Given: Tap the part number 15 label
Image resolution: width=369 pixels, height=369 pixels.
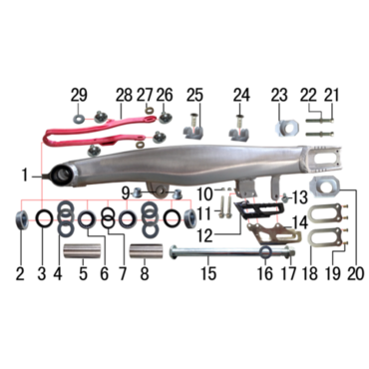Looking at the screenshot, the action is point(208,273).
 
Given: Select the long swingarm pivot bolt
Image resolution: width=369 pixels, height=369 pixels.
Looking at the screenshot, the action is point(232,253).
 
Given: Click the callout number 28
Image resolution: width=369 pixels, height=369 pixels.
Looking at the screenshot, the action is point(124,96).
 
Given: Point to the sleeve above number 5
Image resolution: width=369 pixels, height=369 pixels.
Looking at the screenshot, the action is point(82,252).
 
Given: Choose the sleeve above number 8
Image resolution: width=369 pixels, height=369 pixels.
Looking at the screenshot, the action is point(147,252).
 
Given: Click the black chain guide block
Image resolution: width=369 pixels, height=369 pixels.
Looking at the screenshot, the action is point(259,210).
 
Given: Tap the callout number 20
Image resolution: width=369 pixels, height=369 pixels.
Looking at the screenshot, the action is point(355,273).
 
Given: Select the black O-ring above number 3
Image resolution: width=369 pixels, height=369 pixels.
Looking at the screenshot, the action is point(45,219).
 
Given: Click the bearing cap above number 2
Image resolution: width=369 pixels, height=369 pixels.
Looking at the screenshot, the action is point(22,219).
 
